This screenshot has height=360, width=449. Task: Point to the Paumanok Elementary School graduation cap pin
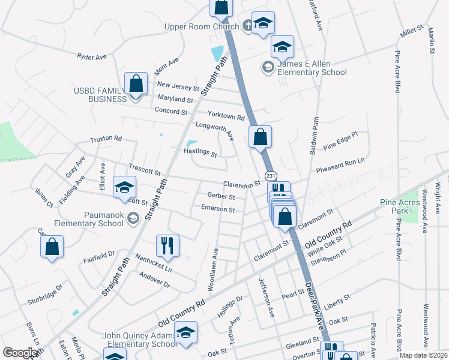tap(124, 187)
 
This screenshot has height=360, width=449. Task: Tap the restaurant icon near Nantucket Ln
tap(167, 244)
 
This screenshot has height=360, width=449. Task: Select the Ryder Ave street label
tap(91, 56)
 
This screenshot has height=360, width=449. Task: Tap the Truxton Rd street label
tap(106, 139)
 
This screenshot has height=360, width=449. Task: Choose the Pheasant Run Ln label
tap(340, 162)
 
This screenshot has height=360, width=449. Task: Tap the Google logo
tap(20, 353)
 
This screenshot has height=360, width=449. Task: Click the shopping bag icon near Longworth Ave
tap(261, 136)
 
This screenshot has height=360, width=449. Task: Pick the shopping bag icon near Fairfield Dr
tap(52, 246)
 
